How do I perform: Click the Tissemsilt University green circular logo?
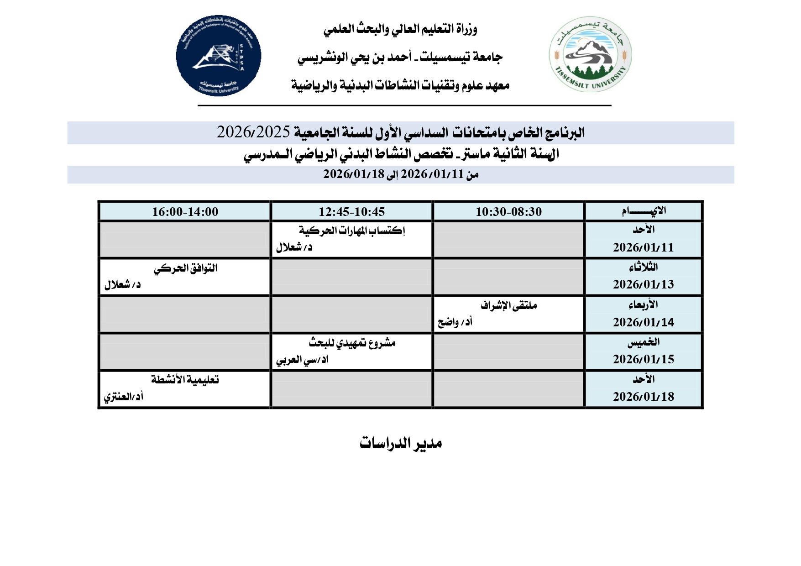click(x=590, y=55)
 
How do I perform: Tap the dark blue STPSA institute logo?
click(x=219, y=56)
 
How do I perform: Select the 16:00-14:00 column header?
click(x=185, y=212)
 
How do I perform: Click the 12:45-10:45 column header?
click(x=351, y=212)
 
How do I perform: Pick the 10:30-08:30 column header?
click(x=508, y=212)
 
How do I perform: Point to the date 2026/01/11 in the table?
click(x=643, y=247)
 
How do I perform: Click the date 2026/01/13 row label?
click(x=643, y=284)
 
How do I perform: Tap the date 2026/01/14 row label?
click(x=643, y=322)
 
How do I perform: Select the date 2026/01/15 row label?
click(x=643, y=359)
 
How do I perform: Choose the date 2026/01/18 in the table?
click(x=643, y=397)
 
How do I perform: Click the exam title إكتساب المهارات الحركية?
click(x=352, y=231)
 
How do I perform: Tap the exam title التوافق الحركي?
click(x=185, y=268)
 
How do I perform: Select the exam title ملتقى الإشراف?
click(x=508, y=305)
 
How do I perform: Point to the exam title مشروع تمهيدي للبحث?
click(x=352, y=343)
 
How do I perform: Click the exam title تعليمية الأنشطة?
click(x=185, y=380)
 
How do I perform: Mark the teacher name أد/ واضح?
click(x=455, y=322)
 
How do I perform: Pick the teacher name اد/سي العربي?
click(x=302, y=360)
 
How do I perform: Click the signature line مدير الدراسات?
click(x=400, y=443)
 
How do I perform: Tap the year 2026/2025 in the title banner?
click(x=253, y=132)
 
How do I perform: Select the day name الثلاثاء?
click(x=643, y=267)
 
